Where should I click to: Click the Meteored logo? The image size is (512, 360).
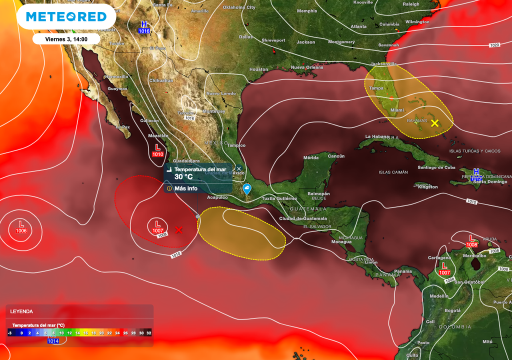pyautogui.click(x=66, y=17)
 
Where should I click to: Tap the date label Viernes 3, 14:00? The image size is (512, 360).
pyautogui.click(x=66, y=39)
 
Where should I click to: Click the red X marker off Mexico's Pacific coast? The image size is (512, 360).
pyautogui.click(x=178, y=230)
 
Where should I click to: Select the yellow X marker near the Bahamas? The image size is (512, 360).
pyautogui.click(x=434, y=123)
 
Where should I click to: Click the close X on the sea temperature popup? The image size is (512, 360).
pyautogui.click(x=238, y=169)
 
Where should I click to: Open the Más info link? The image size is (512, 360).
pyautogui.click(x=185, y=188)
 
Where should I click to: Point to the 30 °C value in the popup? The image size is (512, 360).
pyautogui.click(x=183, y=177)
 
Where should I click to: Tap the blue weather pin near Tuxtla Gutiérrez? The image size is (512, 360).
pyautogui.click(x=247, y=188)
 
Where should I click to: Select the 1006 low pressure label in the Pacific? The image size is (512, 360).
pyautogui.click(x=21, y=230)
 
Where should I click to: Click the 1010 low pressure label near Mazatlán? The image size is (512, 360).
pyautogui.click(x=158, y=154)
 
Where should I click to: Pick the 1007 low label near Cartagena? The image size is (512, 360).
pyautogui.click(x=444, y=272)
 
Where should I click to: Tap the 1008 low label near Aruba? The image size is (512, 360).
pyautogui.click(x=471, y=245)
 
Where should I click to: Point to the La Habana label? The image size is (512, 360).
pyautogui.click(x=376, y=136)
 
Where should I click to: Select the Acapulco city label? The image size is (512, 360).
pyautogui.click(x=217, y=197)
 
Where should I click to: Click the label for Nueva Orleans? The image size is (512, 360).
pyautogui.click(x=307, y=67)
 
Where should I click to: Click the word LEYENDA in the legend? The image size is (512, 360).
pyautogui.click(x=21, y=311)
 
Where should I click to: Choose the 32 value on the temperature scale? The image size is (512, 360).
pyautogui.click(x=149, y=332)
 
